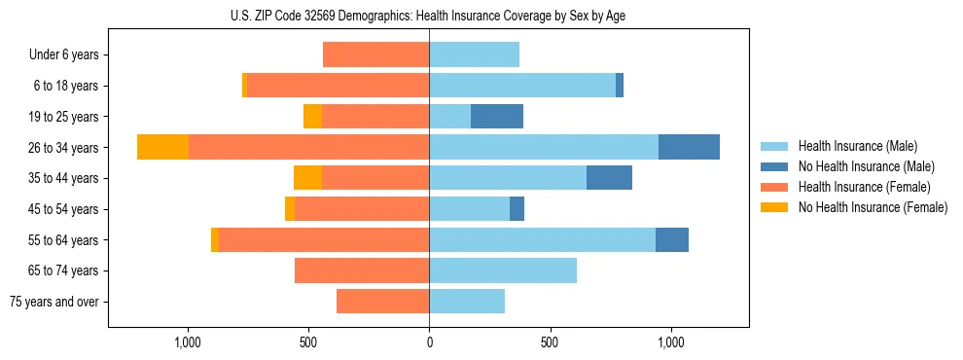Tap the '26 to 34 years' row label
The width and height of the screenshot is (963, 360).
63,148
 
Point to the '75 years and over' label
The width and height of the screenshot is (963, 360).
54,302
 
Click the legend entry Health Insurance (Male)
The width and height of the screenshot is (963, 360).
857,146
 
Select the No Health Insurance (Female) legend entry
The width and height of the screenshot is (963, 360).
873,207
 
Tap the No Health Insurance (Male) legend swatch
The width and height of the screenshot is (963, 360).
775,166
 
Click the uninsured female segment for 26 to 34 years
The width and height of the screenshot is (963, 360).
162,147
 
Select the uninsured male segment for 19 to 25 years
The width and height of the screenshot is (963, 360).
497,117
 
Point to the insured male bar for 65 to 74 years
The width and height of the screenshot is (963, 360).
503,270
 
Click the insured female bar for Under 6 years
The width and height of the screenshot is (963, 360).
375,54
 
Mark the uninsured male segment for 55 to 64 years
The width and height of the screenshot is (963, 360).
672,239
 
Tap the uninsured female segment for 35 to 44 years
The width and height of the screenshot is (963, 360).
307,178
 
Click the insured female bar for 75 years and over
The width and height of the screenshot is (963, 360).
382,302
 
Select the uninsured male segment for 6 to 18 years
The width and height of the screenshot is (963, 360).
620,86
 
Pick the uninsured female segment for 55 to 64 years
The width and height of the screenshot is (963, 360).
215,239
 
